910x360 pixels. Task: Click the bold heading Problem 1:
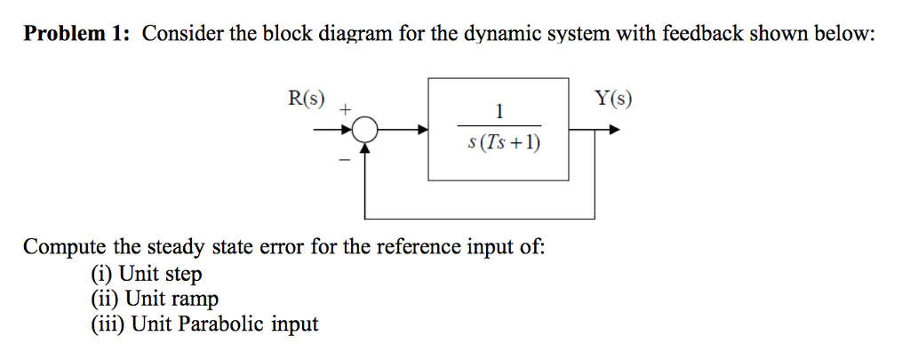[x=77, y=35]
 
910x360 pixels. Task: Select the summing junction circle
[x=364, y=132]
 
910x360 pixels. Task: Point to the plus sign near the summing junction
[x=346, y=110]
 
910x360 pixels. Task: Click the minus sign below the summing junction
[x=340, y=160]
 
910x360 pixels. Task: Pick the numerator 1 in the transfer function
[x=499, y=111]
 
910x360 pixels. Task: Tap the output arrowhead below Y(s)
[x=613, y=131]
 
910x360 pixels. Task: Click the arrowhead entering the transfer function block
[x=422, y=131]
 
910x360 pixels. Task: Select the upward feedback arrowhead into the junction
[x=364, y=148]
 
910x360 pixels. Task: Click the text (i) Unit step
[x=147, y=273]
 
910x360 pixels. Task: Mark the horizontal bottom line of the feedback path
[x=480, y=217]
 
